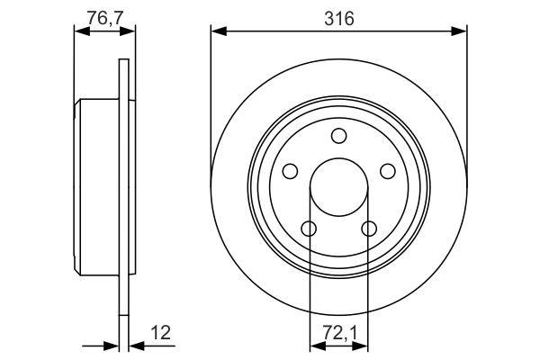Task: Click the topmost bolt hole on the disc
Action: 338,136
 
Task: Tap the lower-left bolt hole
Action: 309,229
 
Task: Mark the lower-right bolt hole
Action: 369,229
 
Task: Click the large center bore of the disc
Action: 338,188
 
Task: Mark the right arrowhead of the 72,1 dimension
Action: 362,345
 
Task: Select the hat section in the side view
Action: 97,187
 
